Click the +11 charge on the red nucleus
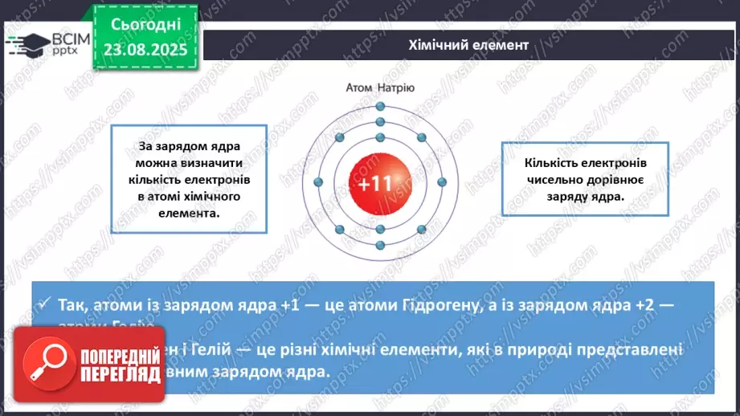(374, 184)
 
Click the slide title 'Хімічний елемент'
(468, 45)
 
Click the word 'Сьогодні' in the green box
(145, 27)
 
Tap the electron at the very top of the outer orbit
(379, 106)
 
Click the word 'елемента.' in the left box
(189, 214)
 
